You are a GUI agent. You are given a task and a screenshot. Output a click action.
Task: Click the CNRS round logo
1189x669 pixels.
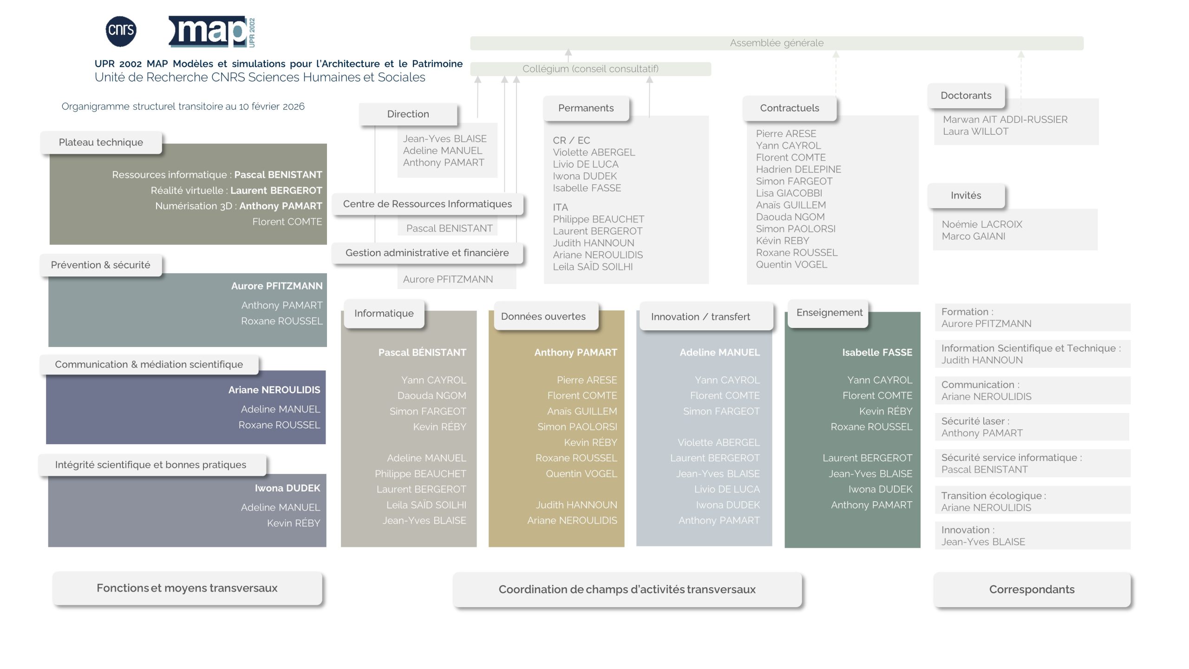121,31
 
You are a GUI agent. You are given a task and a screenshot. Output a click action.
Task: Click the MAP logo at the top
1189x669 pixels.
211,32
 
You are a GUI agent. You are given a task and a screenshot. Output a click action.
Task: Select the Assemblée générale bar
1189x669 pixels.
776,43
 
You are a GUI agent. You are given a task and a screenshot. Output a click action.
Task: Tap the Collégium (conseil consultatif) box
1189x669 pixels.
590,69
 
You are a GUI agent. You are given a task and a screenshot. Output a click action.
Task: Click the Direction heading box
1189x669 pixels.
408,114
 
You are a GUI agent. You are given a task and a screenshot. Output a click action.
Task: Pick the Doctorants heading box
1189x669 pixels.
966,96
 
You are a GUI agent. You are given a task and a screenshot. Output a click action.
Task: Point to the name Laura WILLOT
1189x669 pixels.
975,131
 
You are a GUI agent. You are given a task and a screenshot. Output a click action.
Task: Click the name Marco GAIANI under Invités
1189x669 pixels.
973,236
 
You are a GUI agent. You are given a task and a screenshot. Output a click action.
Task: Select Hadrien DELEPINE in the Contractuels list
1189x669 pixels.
798,170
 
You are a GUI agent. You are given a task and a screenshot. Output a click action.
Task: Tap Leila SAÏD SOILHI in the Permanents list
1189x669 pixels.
592,267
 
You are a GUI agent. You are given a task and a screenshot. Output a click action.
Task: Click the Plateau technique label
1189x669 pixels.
101,143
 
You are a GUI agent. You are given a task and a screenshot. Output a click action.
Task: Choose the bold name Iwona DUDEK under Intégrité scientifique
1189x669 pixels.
287,488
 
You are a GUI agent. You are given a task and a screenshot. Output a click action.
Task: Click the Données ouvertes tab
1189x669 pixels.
543,317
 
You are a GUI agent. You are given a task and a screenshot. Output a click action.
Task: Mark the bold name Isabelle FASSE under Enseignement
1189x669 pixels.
877,353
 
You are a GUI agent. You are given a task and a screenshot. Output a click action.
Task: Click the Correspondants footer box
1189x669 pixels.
1032,590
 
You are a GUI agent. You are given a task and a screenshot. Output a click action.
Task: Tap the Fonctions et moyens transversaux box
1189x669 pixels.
187,588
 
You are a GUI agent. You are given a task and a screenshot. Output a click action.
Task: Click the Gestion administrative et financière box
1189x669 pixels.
427,253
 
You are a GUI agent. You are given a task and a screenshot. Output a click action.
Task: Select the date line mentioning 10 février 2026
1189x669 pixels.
183,106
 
